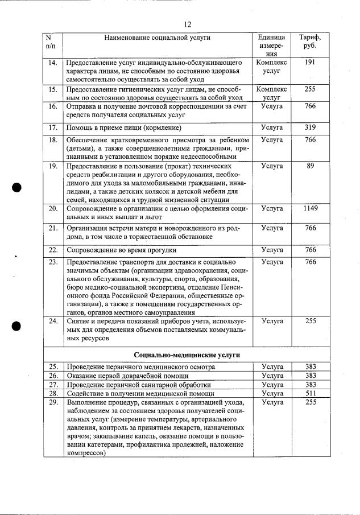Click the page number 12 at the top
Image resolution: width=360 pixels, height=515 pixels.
tap(188, 24)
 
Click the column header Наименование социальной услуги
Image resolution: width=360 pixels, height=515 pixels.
tap(158, 38)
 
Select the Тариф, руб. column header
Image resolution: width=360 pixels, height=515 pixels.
tap(310, 42)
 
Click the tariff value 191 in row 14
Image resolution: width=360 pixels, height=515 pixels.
tap(310, 62)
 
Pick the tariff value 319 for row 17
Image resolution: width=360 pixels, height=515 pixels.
tap(310, 127)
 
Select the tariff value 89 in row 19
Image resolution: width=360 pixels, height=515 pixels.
tap(310, 166)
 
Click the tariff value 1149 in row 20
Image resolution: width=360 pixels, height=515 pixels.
tap(310, 209)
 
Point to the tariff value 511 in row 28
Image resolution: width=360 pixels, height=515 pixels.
tap(310, 393)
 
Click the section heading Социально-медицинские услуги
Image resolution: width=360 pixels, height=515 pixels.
tap(187, 355)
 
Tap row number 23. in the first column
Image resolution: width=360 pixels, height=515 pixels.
tap(53, 262)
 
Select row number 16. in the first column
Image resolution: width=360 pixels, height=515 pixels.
tap(53, 106)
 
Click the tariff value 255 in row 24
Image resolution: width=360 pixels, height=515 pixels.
tap(310, 321)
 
